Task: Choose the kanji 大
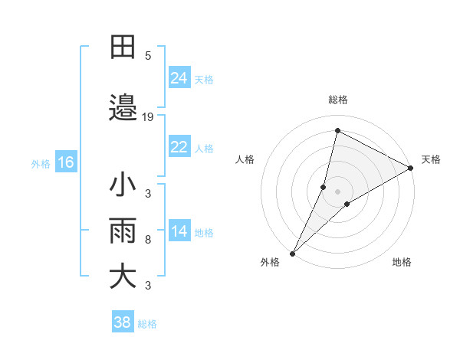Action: (123, 277)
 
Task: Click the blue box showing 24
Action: (179, 78)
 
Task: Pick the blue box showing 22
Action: (179, 147)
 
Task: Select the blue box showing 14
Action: (179, 231)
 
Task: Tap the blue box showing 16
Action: (65, 162)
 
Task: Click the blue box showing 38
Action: (123, 322)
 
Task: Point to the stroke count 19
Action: (148, 117)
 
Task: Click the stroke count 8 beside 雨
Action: (148, 240)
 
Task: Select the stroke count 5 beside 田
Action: (148, 55)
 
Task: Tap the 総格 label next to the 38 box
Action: (147, 324)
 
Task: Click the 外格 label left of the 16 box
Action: (41, 163)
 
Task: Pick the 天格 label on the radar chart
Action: (431, 159)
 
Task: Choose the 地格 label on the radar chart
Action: (402, 262)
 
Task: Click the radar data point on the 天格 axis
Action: (411, 168)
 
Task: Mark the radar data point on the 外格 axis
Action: (293, 253)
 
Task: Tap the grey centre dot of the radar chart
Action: (338, 191)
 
